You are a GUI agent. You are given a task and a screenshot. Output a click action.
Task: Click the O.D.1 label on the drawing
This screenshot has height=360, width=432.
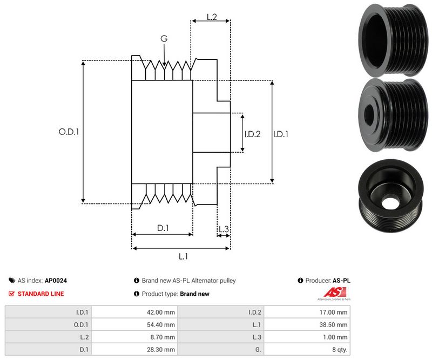tap(69, 131)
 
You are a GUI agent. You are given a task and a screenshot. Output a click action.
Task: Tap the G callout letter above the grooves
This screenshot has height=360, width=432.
tap(164, 39)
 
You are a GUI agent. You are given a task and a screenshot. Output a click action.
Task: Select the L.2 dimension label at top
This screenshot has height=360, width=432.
tap(211, 17)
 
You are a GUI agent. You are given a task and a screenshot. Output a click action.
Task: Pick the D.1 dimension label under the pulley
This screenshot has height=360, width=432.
tap(163, 228)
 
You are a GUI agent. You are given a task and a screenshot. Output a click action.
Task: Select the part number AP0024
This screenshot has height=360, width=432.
tap(56, 281)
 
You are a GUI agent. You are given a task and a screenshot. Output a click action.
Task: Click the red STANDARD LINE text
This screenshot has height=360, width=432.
tap(40, 294)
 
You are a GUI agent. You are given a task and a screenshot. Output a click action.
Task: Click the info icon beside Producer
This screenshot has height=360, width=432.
tap(300, 281)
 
